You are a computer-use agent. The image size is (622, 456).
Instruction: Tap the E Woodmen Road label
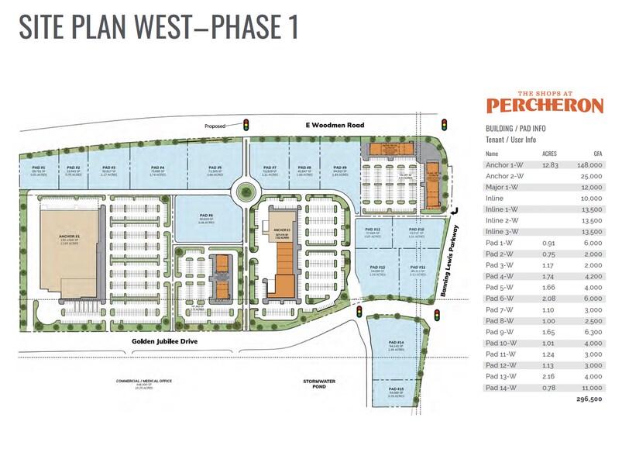point(322,124)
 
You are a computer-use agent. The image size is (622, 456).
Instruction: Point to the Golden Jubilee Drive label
point(160,341)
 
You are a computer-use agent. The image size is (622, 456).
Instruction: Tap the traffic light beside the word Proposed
point(246,124)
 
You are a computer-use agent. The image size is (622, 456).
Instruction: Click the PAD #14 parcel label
point(396,343)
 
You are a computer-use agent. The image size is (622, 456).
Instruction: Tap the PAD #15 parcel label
point(396,389)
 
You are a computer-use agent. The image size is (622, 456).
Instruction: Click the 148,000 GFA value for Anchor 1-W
point(589,165)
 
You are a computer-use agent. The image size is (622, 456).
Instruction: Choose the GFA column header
point(596,154)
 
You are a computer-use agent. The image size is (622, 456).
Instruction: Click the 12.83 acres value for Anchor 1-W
point(548,165)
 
